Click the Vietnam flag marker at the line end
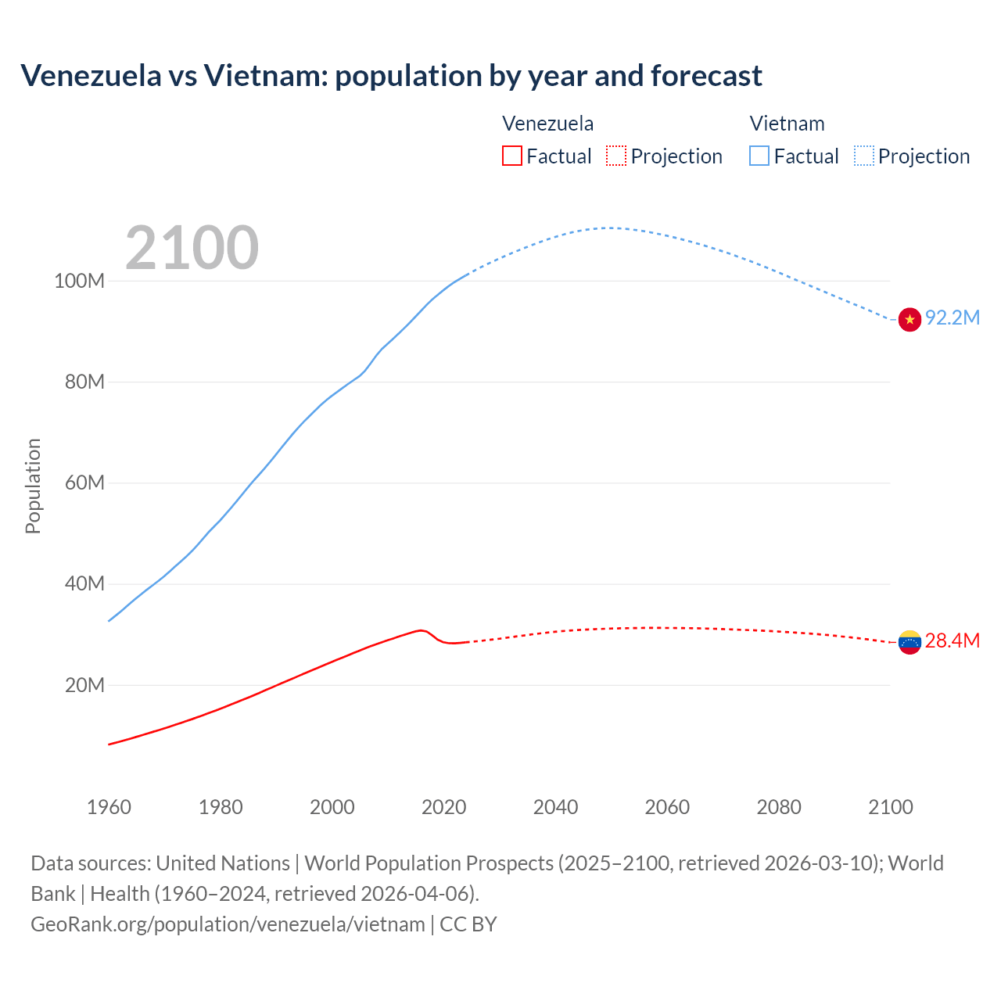click(x=910, y=319)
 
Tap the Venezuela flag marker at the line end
click(x=910, y=642)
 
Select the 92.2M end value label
click(x=952, y=318)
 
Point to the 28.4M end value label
click(x=952, y=640)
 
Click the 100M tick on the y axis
click(x=79, y=281)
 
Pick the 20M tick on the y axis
click(x=84, y=685)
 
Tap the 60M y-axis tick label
click(x=84, y=483)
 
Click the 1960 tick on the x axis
click(x=109, y=807)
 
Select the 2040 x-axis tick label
click(x=555, y=807)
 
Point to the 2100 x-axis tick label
click(x=890, y=807)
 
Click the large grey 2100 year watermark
click(x=192, y=248)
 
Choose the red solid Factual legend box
click(x=511, y=156)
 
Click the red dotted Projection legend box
click(x=616, y=156)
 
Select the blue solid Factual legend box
click(x=759, y=156)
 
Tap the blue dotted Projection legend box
click(x=863, y=156)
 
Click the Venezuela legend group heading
click(x=547, y=124)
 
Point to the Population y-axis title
click(x=33, y=486)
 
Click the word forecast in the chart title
click(x=706, y=76)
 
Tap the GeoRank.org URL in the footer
click(x=228, y=924)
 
